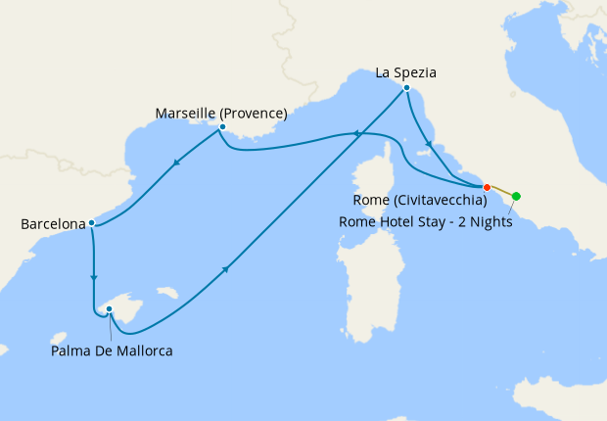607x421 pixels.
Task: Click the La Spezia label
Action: tap(405, 72)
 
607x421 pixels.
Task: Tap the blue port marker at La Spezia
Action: tap(406, 88)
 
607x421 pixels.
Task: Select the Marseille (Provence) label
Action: tap(221, 114)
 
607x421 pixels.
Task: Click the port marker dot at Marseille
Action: tap(223, 127)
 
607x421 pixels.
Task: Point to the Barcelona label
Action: tap(53, 224)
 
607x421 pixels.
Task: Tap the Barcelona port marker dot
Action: tap(91, 223)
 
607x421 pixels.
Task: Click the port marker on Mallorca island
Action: tap(110, 309)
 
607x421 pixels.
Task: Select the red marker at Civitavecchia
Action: tap(485, 186)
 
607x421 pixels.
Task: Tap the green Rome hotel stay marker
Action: tap(517, 196)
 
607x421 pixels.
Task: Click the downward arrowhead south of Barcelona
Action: tap(94, 277)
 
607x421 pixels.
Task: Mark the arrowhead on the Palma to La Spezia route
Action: tap(227, 269)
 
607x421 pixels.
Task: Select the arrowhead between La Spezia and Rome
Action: tap(428, 144)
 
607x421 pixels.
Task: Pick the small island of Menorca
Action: tap(167, 292)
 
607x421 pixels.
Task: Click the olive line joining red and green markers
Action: tap(500, 190)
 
